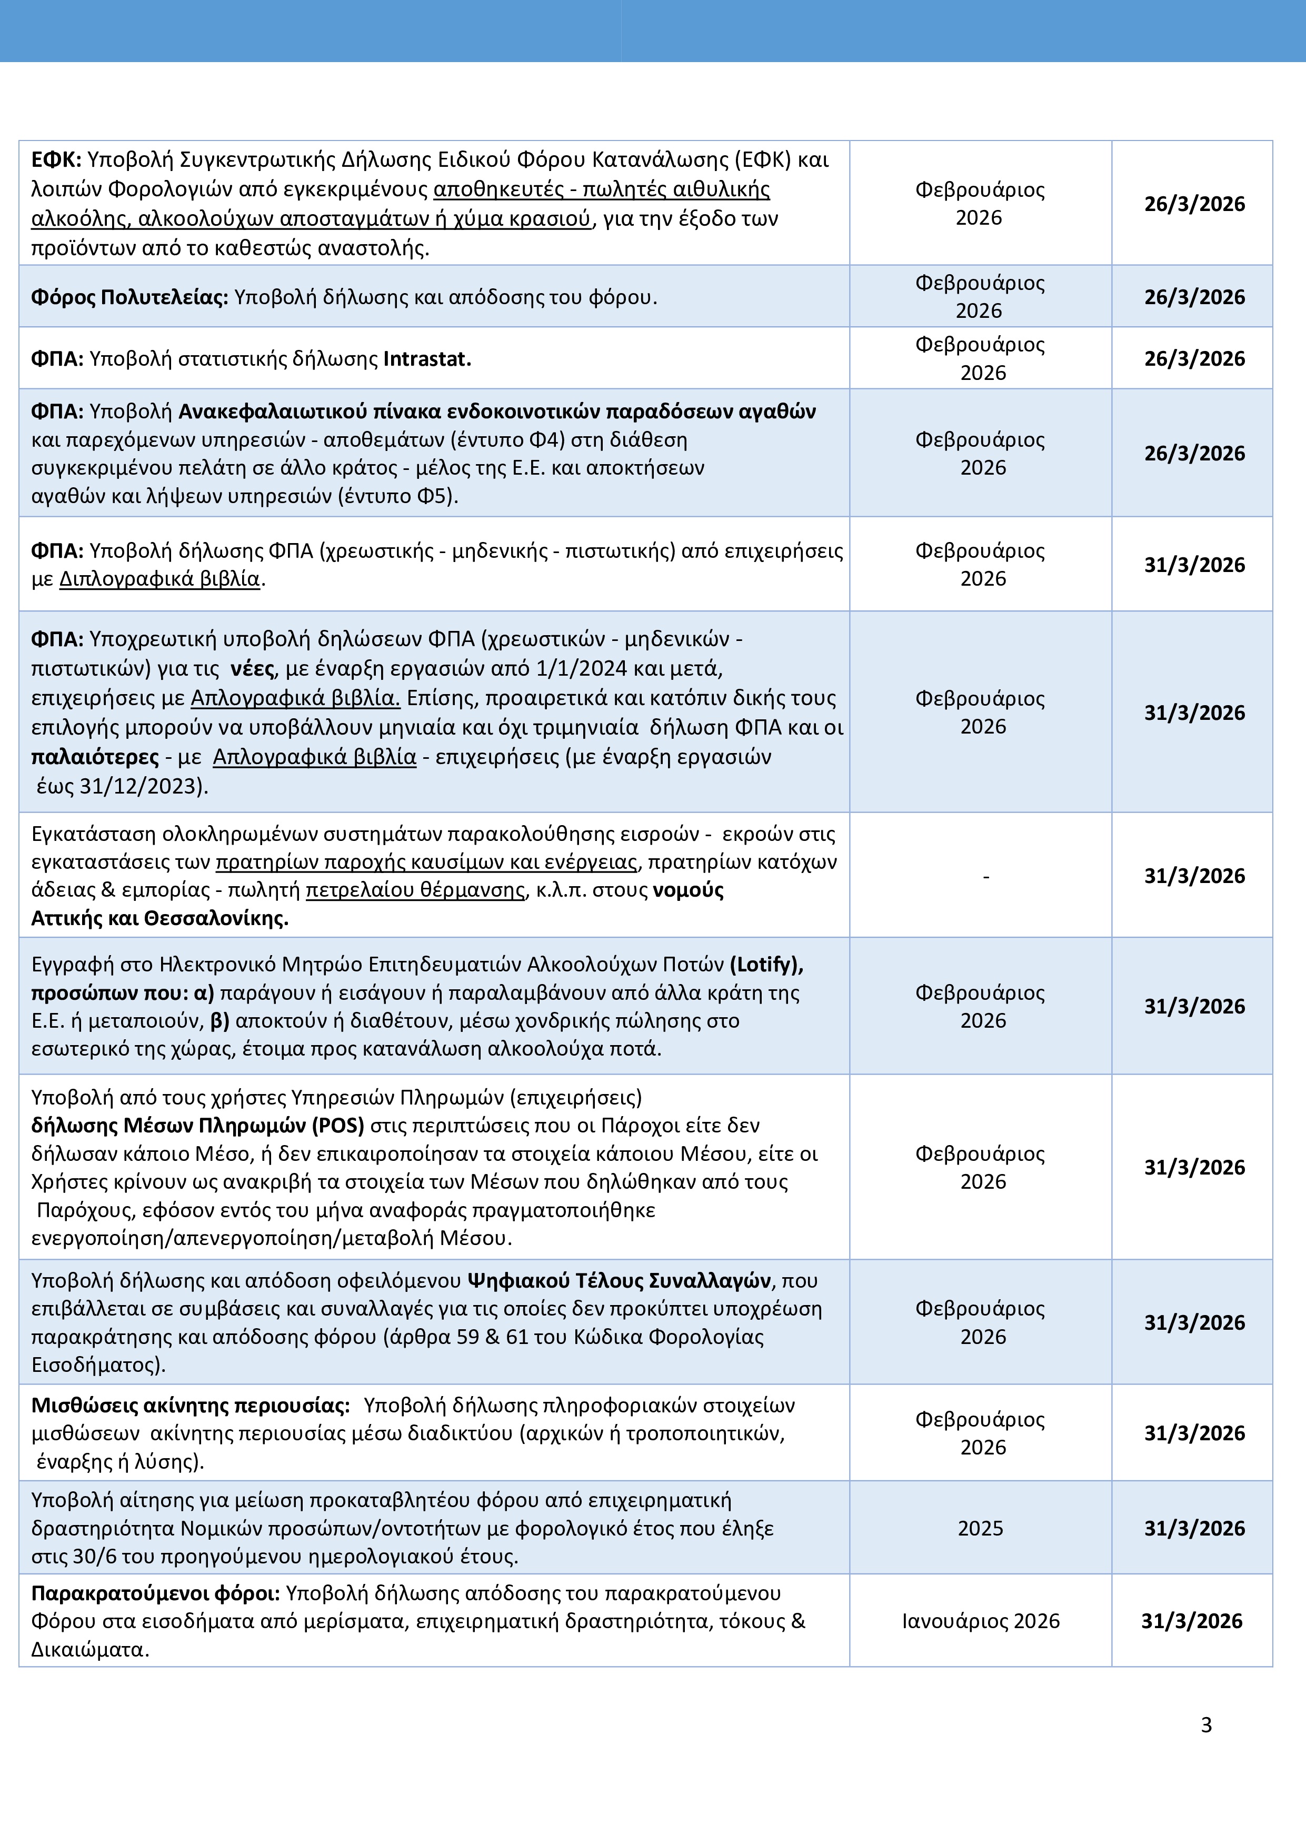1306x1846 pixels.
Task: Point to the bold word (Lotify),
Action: (766, 964)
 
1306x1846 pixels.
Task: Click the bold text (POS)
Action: (340, 1126)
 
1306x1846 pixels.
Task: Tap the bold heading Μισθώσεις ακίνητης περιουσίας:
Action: (191, 1406)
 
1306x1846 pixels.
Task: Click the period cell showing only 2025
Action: (980, 1528)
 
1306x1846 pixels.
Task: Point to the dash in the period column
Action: (986, 876)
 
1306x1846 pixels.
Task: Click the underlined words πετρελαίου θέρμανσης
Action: (415, 890)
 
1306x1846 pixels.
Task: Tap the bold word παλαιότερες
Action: (95, 757)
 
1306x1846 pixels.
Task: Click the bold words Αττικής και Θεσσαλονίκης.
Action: (159, 918)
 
